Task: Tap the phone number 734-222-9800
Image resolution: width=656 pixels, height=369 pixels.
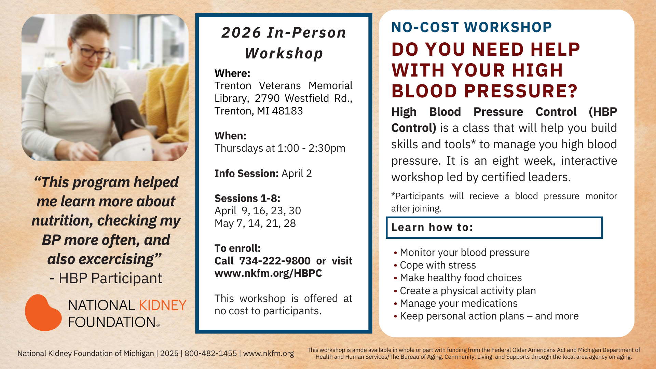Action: [x=275, y=261]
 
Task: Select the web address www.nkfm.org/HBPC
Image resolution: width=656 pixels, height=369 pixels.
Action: [x=268, y=273]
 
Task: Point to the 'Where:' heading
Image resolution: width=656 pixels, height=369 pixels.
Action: [x=232, y=73]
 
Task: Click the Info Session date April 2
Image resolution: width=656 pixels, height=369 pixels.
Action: [x=297, y=174]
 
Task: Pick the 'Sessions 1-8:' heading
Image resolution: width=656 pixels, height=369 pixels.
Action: [x=247, y=199]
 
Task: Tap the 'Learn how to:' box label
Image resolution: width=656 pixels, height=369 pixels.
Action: [x=432, y=228]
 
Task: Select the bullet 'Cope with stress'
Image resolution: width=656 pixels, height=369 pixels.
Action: [x=438, y=265]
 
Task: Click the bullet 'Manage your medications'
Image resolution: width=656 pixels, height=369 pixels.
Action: [x=459, y=303]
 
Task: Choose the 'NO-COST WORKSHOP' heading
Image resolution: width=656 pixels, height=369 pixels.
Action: [x=471, y=27]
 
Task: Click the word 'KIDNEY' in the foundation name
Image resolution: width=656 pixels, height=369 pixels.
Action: [x=163, y=305]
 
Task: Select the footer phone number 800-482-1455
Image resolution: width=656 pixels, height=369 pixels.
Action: [x=210, y=353]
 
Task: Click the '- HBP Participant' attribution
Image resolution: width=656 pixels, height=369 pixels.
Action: [x=106, y=278]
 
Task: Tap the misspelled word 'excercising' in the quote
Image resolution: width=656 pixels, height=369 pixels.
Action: [x=116, y=259]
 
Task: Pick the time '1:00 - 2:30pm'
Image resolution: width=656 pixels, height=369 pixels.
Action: [x=311, y=148]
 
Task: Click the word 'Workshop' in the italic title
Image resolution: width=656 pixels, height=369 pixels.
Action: [x=284, y=53]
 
